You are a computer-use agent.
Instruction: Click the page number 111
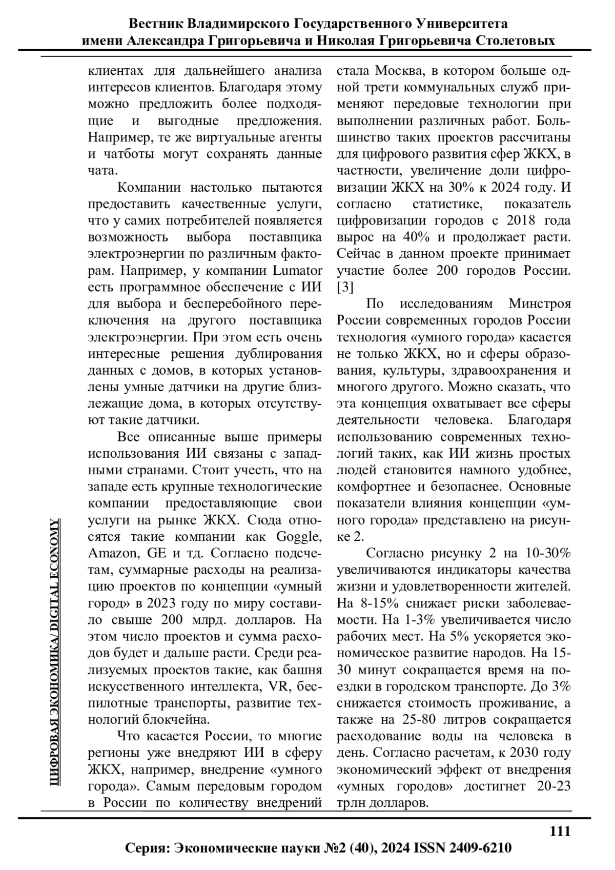(560, 831)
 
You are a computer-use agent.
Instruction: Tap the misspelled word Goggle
(299, 537)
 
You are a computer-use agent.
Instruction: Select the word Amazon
(112, 553)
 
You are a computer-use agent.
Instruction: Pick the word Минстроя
(539, 304)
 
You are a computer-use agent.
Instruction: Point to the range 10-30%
(548, 553)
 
